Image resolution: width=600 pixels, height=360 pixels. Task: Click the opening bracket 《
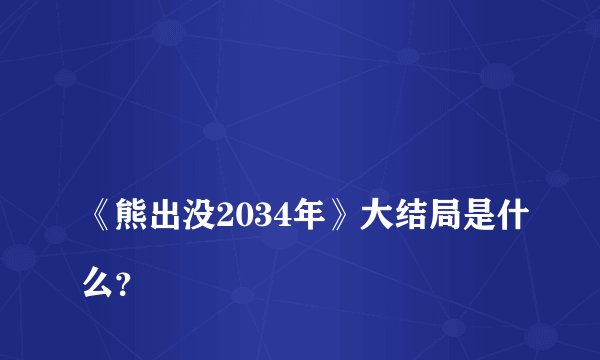point(77,215)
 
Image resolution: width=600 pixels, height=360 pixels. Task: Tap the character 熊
point(109,215)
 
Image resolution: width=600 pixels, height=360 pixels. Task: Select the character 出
point(145,215)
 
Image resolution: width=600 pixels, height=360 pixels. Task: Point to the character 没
point(181,215)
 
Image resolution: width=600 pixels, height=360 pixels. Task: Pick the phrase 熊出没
point(145,215)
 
